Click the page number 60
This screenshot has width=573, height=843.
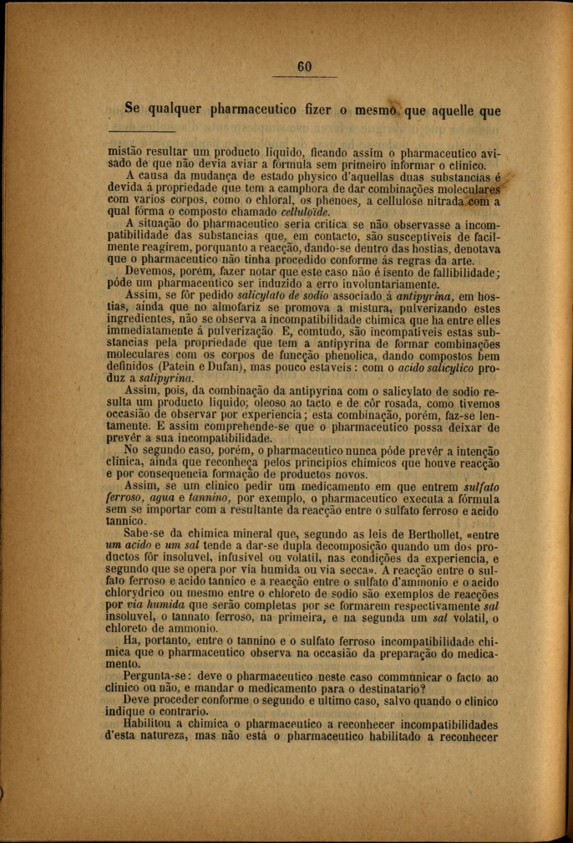point(304,67)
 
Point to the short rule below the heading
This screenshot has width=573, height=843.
point(142,131)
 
